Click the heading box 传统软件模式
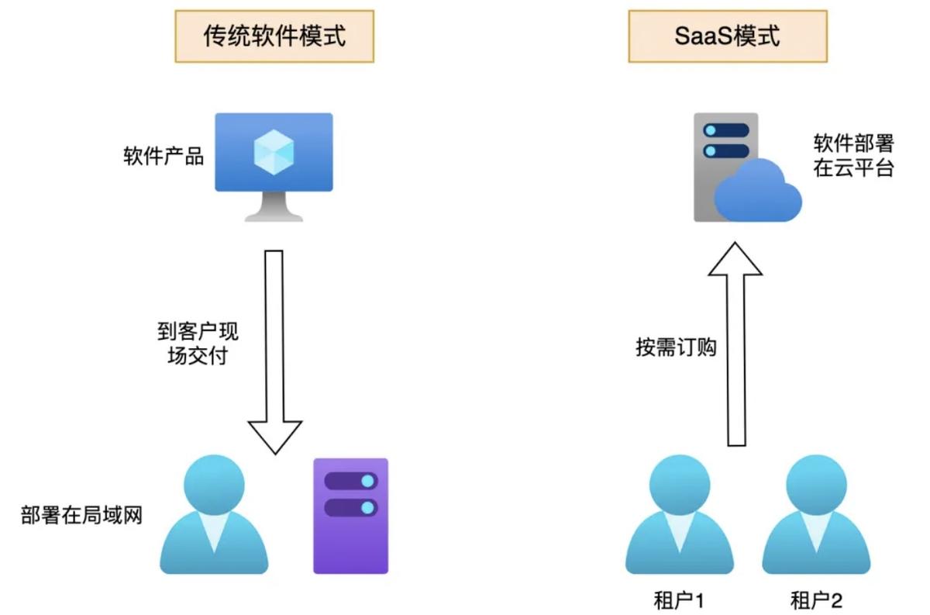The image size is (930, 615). click(274, 36)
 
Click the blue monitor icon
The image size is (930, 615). click(274, 154)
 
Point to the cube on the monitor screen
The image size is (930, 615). click(274, 152)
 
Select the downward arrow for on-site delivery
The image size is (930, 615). click(274, 349)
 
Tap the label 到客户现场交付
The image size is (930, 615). click(198, 345)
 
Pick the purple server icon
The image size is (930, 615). click(350, 516)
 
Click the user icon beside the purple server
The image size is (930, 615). click(214, 516)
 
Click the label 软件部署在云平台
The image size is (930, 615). click(853, 156)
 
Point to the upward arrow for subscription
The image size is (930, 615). click(736, 341)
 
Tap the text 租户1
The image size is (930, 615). click(679, 599)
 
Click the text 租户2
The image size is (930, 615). click(816, 599)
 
